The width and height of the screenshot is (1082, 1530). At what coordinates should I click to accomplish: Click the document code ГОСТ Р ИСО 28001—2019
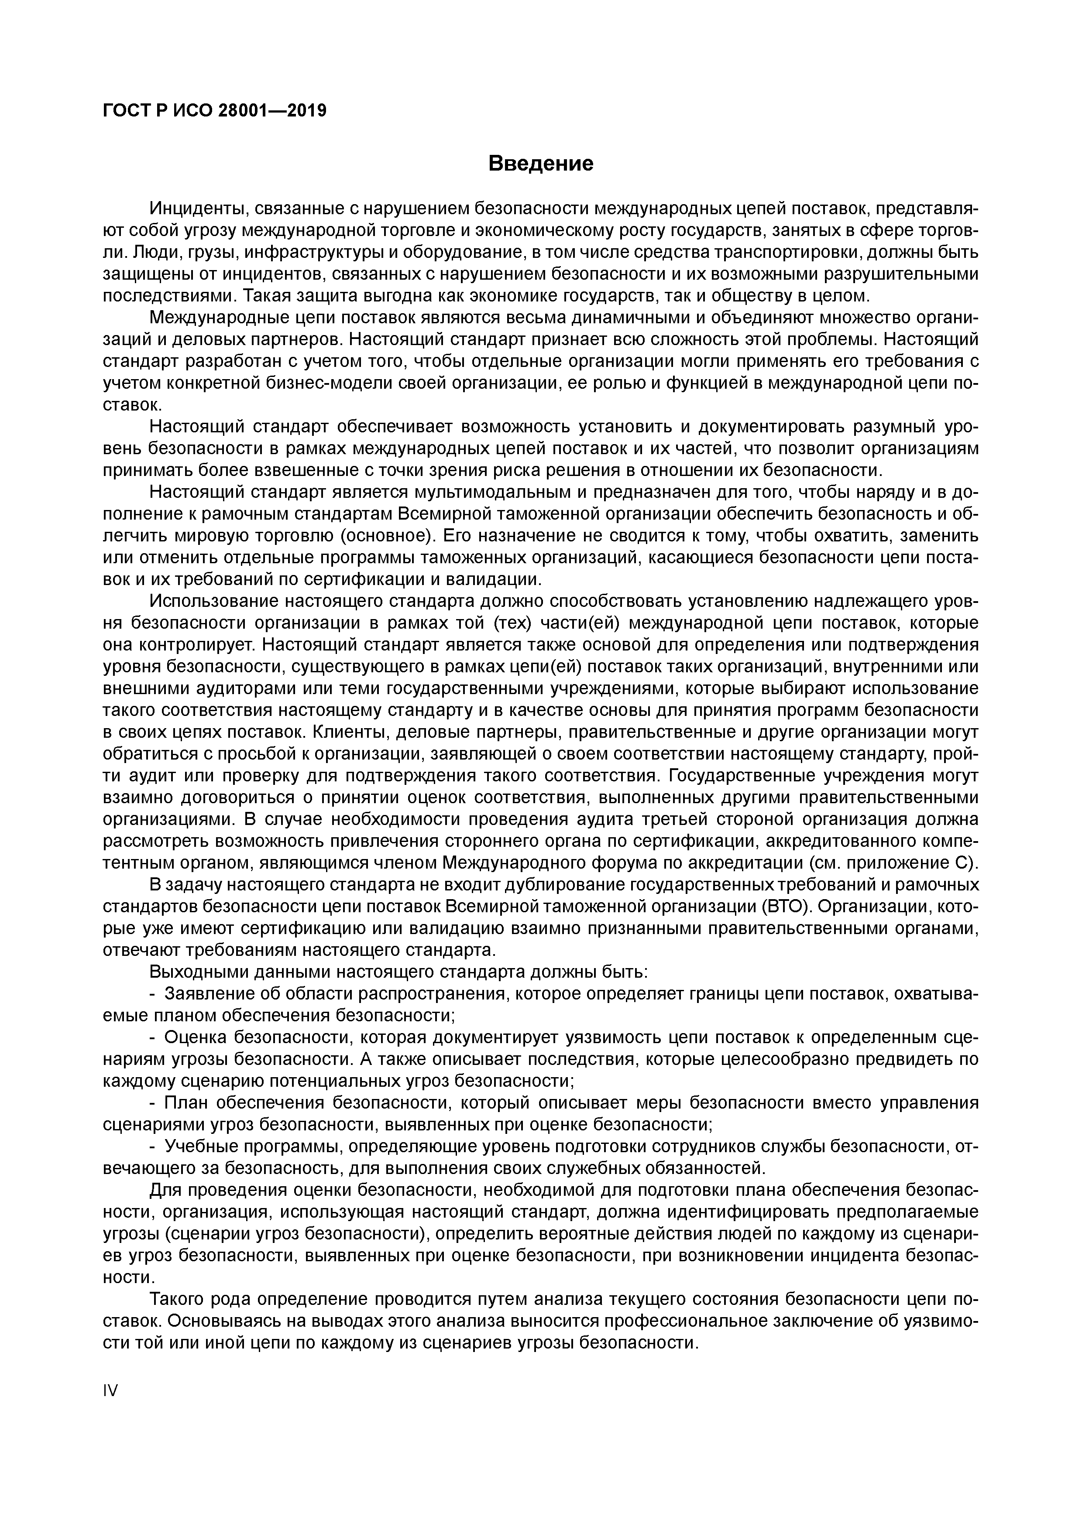tap(215, 111)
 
